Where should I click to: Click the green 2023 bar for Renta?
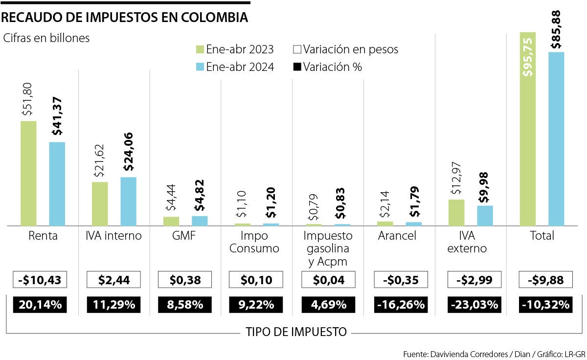coord(28,173)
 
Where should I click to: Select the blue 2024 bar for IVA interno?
coord(128,201)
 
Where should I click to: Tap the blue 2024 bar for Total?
coord(556,139)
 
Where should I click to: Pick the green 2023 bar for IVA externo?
coord(456,212)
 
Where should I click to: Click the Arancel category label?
coord(397,236)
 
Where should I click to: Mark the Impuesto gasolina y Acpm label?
coord(325,248)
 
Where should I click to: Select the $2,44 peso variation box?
coord(113,280)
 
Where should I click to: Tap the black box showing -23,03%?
coord(473,305)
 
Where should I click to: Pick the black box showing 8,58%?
coord(185,305)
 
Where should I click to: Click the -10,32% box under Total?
coord(545,305)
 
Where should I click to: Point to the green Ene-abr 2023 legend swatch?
coord(199,50)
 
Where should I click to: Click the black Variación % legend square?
coord(296,67)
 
